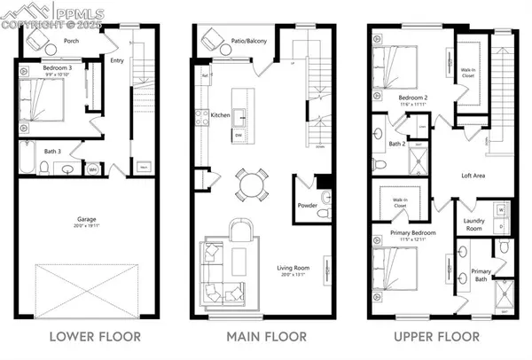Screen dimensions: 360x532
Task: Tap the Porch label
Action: coord(71,41)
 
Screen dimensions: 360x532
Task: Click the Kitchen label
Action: coord(221,113)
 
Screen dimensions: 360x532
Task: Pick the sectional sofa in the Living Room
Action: coord(216,270)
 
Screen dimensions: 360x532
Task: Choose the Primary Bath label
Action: coord(481,274)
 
